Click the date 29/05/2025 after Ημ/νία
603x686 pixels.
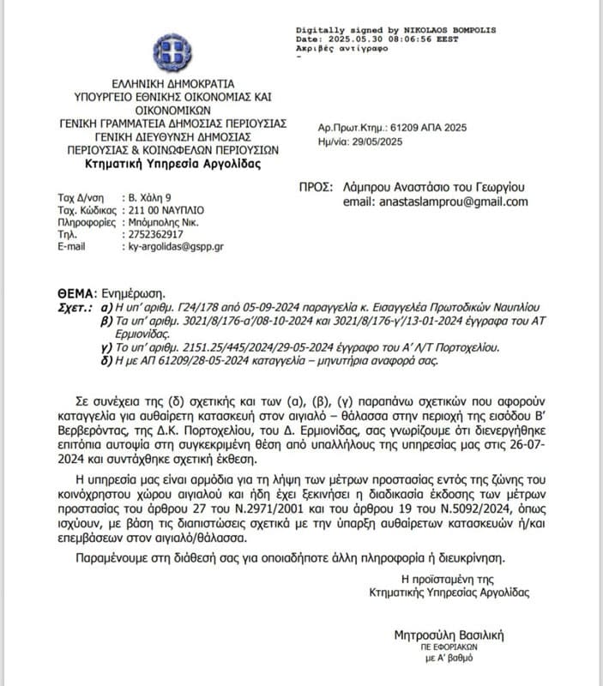(x=380, y=141)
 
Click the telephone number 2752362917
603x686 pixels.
(x=154, y=234)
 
